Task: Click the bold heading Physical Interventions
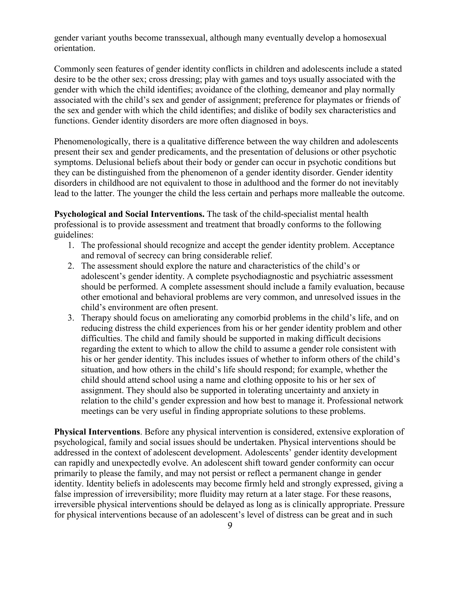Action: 97,432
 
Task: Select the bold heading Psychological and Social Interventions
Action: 129,214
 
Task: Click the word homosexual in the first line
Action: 364,38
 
